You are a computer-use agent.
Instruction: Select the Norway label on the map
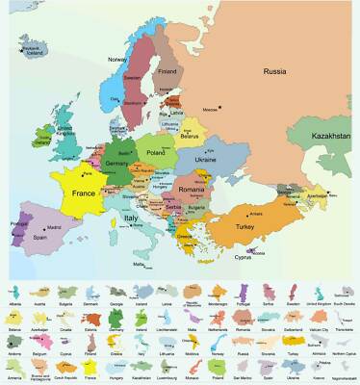[117, 60]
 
